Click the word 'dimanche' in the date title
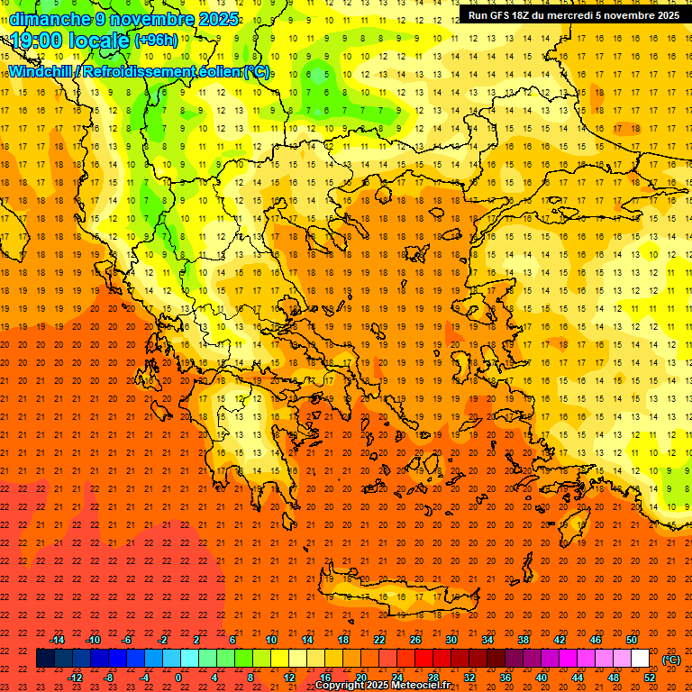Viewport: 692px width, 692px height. (x=50, y=19)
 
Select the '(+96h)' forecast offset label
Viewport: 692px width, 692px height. (x=156, y=41)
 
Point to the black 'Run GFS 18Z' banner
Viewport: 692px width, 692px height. (x=574, y=15)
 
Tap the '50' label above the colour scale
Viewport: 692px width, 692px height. (x=632, y=640)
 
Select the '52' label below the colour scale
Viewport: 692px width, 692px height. (x=650, y=677)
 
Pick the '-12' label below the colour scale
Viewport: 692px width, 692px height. (x=75, y=677)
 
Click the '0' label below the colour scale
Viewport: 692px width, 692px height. (x=179, y=677)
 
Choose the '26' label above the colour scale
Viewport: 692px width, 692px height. (x=415, y=640)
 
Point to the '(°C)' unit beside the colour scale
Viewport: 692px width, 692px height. (x=671, y=660)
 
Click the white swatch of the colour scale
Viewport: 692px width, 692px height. (x=641, y=659)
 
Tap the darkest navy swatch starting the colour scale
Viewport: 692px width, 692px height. (x=45, y=659)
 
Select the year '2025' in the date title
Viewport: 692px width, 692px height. (x=219, y=19)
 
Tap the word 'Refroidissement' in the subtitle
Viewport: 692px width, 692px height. (x=139, y=71)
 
